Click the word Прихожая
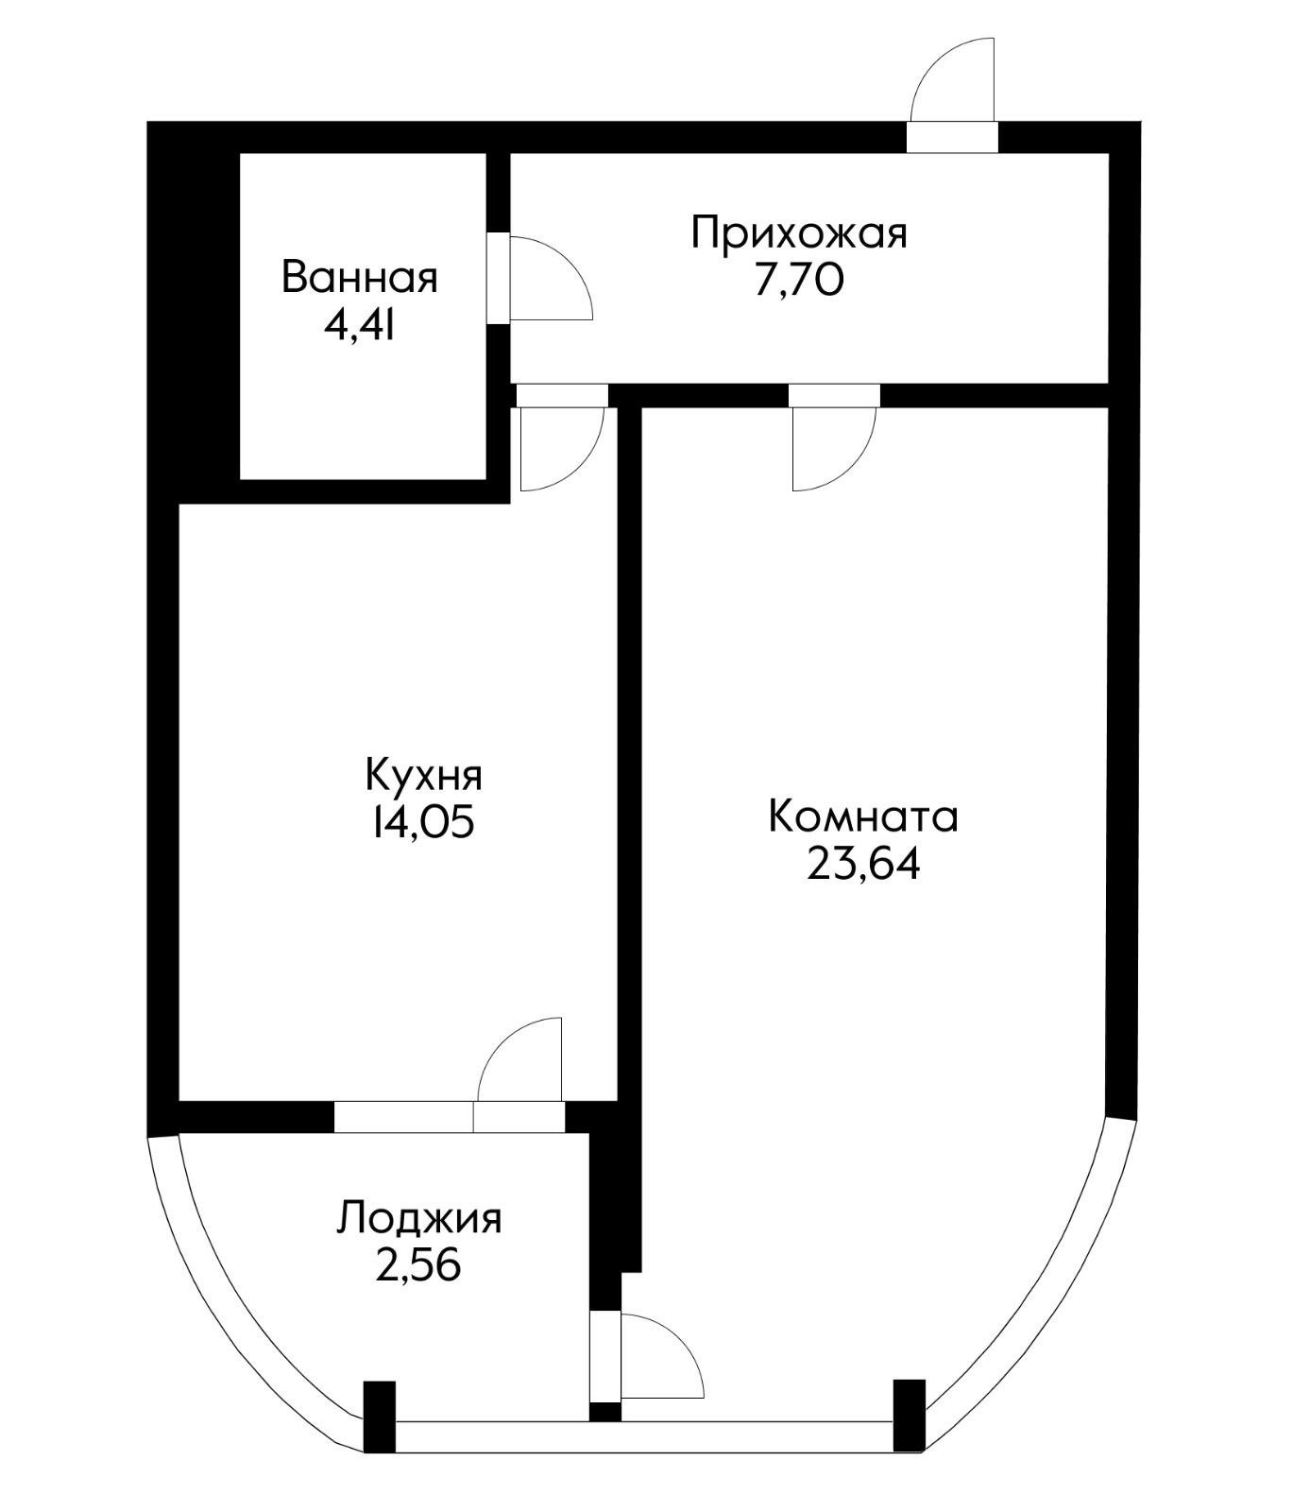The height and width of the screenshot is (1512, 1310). [798, 232]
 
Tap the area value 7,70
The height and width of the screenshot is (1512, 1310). [798, 281]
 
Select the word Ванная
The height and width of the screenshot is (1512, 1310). [360, 279]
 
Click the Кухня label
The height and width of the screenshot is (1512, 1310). [424, 775]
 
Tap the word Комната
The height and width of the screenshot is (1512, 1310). [862, 816]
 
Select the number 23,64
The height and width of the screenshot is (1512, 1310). [862, 864]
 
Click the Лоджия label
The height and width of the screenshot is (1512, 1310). [418, 1218]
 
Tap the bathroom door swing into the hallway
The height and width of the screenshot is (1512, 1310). [551, 279]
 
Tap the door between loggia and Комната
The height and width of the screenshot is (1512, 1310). [661, 1354]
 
